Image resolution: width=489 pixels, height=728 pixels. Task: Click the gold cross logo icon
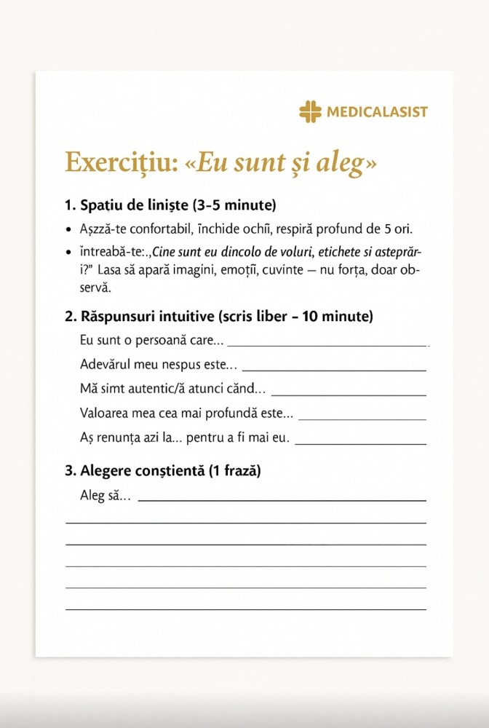coord(310,112)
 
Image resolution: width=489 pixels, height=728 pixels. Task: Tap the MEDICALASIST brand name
coord(377,112)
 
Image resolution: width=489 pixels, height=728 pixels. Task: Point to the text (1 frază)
coord(234,470)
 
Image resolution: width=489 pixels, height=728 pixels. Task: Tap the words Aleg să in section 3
coord(104,496)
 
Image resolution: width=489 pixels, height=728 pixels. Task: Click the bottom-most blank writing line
coord(246,609)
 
